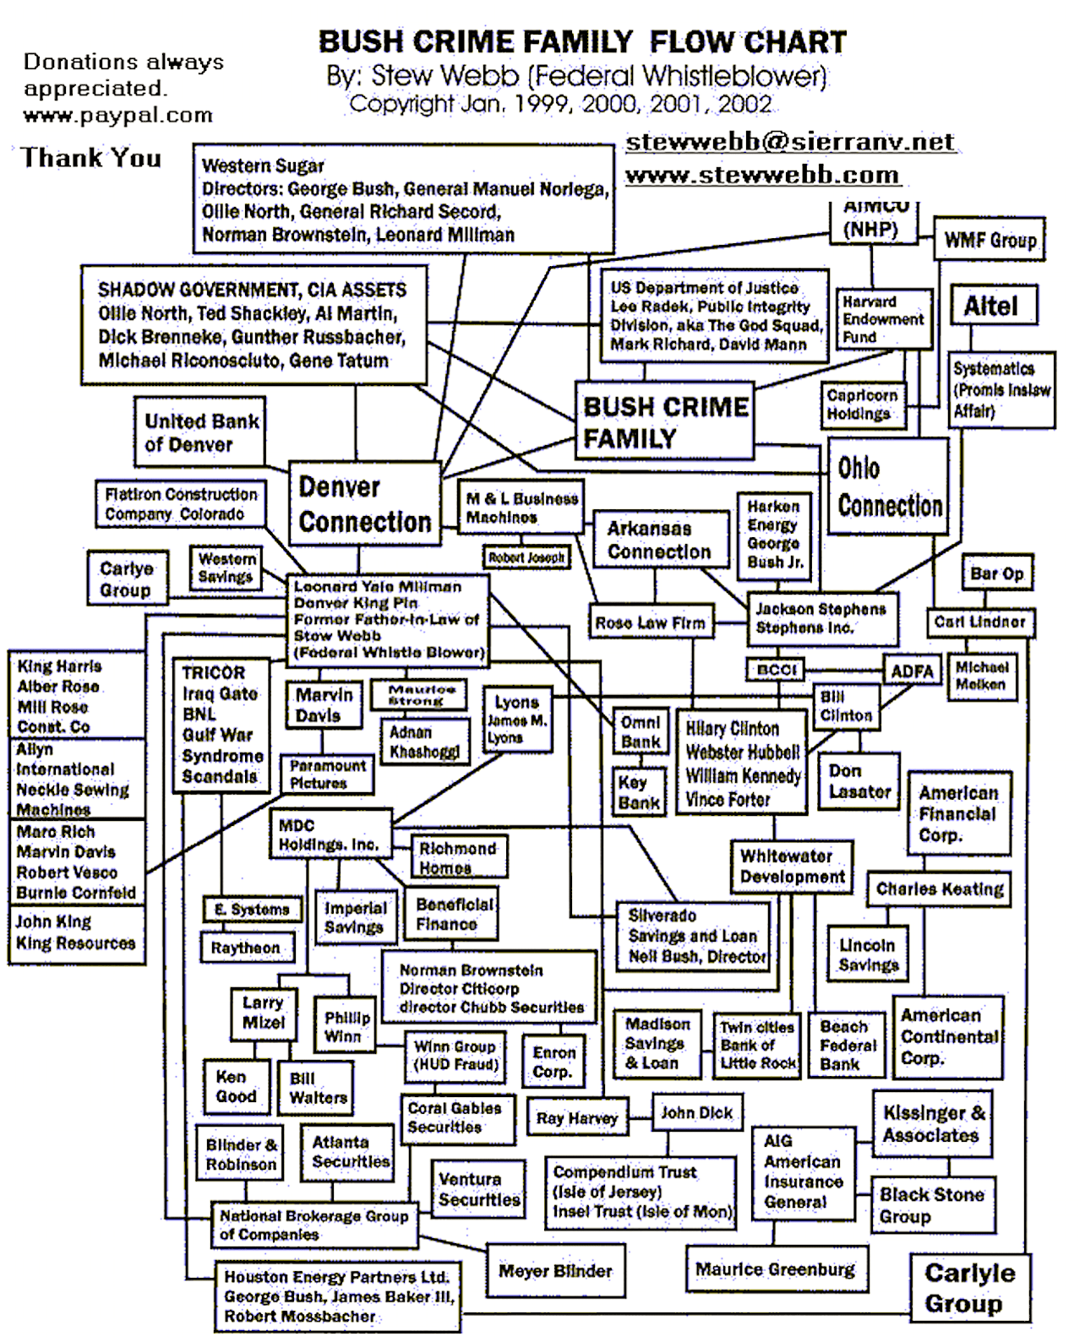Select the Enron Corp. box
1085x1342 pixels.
[x=553, y=1062]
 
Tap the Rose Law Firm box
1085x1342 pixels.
[x=650, y=623]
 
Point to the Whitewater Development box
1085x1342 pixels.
[x=792, y=867]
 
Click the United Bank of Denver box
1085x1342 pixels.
[x=200, y=432]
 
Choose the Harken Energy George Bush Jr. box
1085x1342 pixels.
[x=774, y=535]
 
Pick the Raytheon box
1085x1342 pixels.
[x=246, y=948]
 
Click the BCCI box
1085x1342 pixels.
[x=776, y=670]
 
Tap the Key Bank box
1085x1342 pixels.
[x=639, y=792]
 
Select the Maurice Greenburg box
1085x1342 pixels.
[x=774, y=1269]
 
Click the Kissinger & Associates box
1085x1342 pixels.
[x=932, y=1124]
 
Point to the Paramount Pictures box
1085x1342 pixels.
[x=327, y=774]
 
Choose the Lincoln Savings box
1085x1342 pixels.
[x=868, y=955]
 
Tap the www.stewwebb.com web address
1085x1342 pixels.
[x=761, y=175]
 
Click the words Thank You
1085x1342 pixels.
[x=91, y=158]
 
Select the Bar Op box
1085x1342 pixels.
[x=996, y=574]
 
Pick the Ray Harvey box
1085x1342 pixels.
[x=577, y=1118]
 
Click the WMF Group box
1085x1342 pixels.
[x=990, y=240]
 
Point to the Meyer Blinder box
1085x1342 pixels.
[x=554, y=1271]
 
